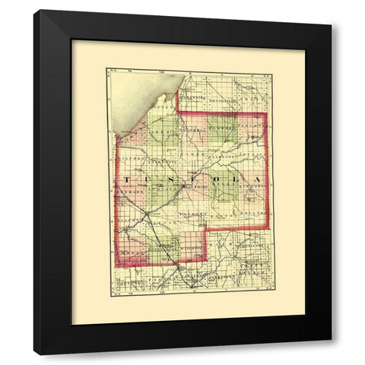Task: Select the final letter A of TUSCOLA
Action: pyautogui.click(x=259, y=179)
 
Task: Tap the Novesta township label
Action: pyautogui.click(x=253, y=154)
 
